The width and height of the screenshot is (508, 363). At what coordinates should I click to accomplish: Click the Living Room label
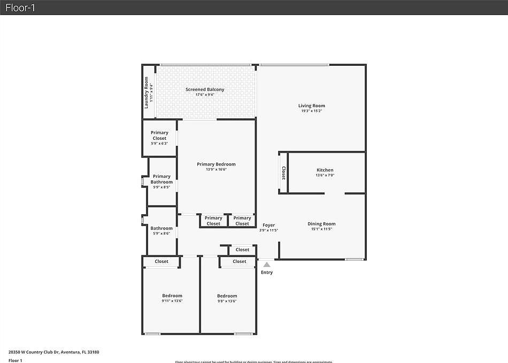[312, 105]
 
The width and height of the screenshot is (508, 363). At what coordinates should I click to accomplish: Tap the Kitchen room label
[325, 170]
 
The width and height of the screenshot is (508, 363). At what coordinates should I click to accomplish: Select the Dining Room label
[321, 224]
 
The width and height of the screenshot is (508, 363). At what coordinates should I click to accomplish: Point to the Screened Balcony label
[205, 89]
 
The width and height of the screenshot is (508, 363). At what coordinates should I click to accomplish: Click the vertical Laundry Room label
[146, 93]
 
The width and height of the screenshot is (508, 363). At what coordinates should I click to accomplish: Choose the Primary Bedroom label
[216, 164]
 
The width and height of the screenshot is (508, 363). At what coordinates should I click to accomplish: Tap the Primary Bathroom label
[161, 179]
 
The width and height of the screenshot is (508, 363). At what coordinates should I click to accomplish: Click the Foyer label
[268, 225]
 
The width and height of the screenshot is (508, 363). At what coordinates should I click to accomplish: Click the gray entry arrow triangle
[267, 264]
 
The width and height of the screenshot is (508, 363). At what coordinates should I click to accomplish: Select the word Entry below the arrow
[267, 273]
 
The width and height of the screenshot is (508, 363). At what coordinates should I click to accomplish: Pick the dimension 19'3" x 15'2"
[312, 111]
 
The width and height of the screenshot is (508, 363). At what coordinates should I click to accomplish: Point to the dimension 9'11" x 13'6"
[172, 301]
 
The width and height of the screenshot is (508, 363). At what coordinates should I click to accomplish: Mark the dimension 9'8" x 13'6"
[227, 301]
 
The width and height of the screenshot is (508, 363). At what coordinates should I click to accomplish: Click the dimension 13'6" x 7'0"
[325, 175]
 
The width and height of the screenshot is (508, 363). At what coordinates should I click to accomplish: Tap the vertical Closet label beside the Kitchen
[283, 173]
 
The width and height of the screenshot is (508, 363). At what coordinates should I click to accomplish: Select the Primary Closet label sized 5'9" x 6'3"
[159, 135]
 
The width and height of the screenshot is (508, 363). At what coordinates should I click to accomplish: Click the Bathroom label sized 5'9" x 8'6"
[161, 228]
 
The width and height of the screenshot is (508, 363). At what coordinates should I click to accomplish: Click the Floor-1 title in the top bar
[20, 7]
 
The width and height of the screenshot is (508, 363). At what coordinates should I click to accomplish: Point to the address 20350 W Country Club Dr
[53, 352]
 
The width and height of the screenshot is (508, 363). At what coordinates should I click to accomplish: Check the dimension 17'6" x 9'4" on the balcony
[205, 95]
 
